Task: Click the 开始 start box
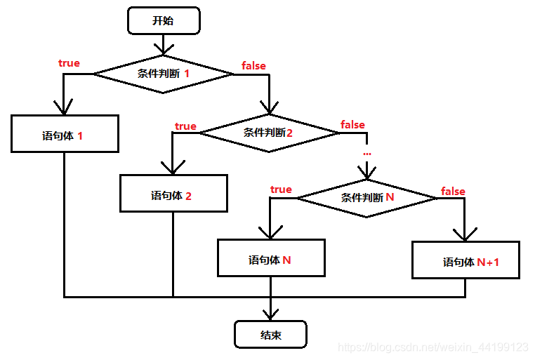(x=163, y=20)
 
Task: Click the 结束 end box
(x=270, y=335)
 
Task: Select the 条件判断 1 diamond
(x=163, y=73)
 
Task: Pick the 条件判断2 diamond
(x=269, y=132)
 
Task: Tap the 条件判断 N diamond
(x=366, y=198)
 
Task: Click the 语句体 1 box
(x=64, y=133)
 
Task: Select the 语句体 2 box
(x=173, y=193)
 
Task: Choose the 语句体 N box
(x=271, y=258)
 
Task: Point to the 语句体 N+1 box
(x=465, y=260)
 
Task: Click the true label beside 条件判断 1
(x=69, y=63)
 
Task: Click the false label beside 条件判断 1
(x=253, y=65)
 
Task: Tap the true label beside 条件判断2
(x=185, y=126)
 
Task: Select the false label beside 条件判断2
(x=352, y=125)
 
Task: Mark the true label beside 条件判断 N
(x=281, y=189)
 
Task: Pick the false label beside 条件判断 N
(x=453, y=191)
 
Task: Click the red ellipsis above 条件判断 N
(x=366, y=152)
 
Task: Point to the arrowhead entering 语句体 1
(x=64, y=107)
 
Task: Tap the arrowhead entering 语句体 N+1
(x=465, y=234)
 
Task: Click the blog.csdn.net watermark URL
(x=432, y=347)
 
